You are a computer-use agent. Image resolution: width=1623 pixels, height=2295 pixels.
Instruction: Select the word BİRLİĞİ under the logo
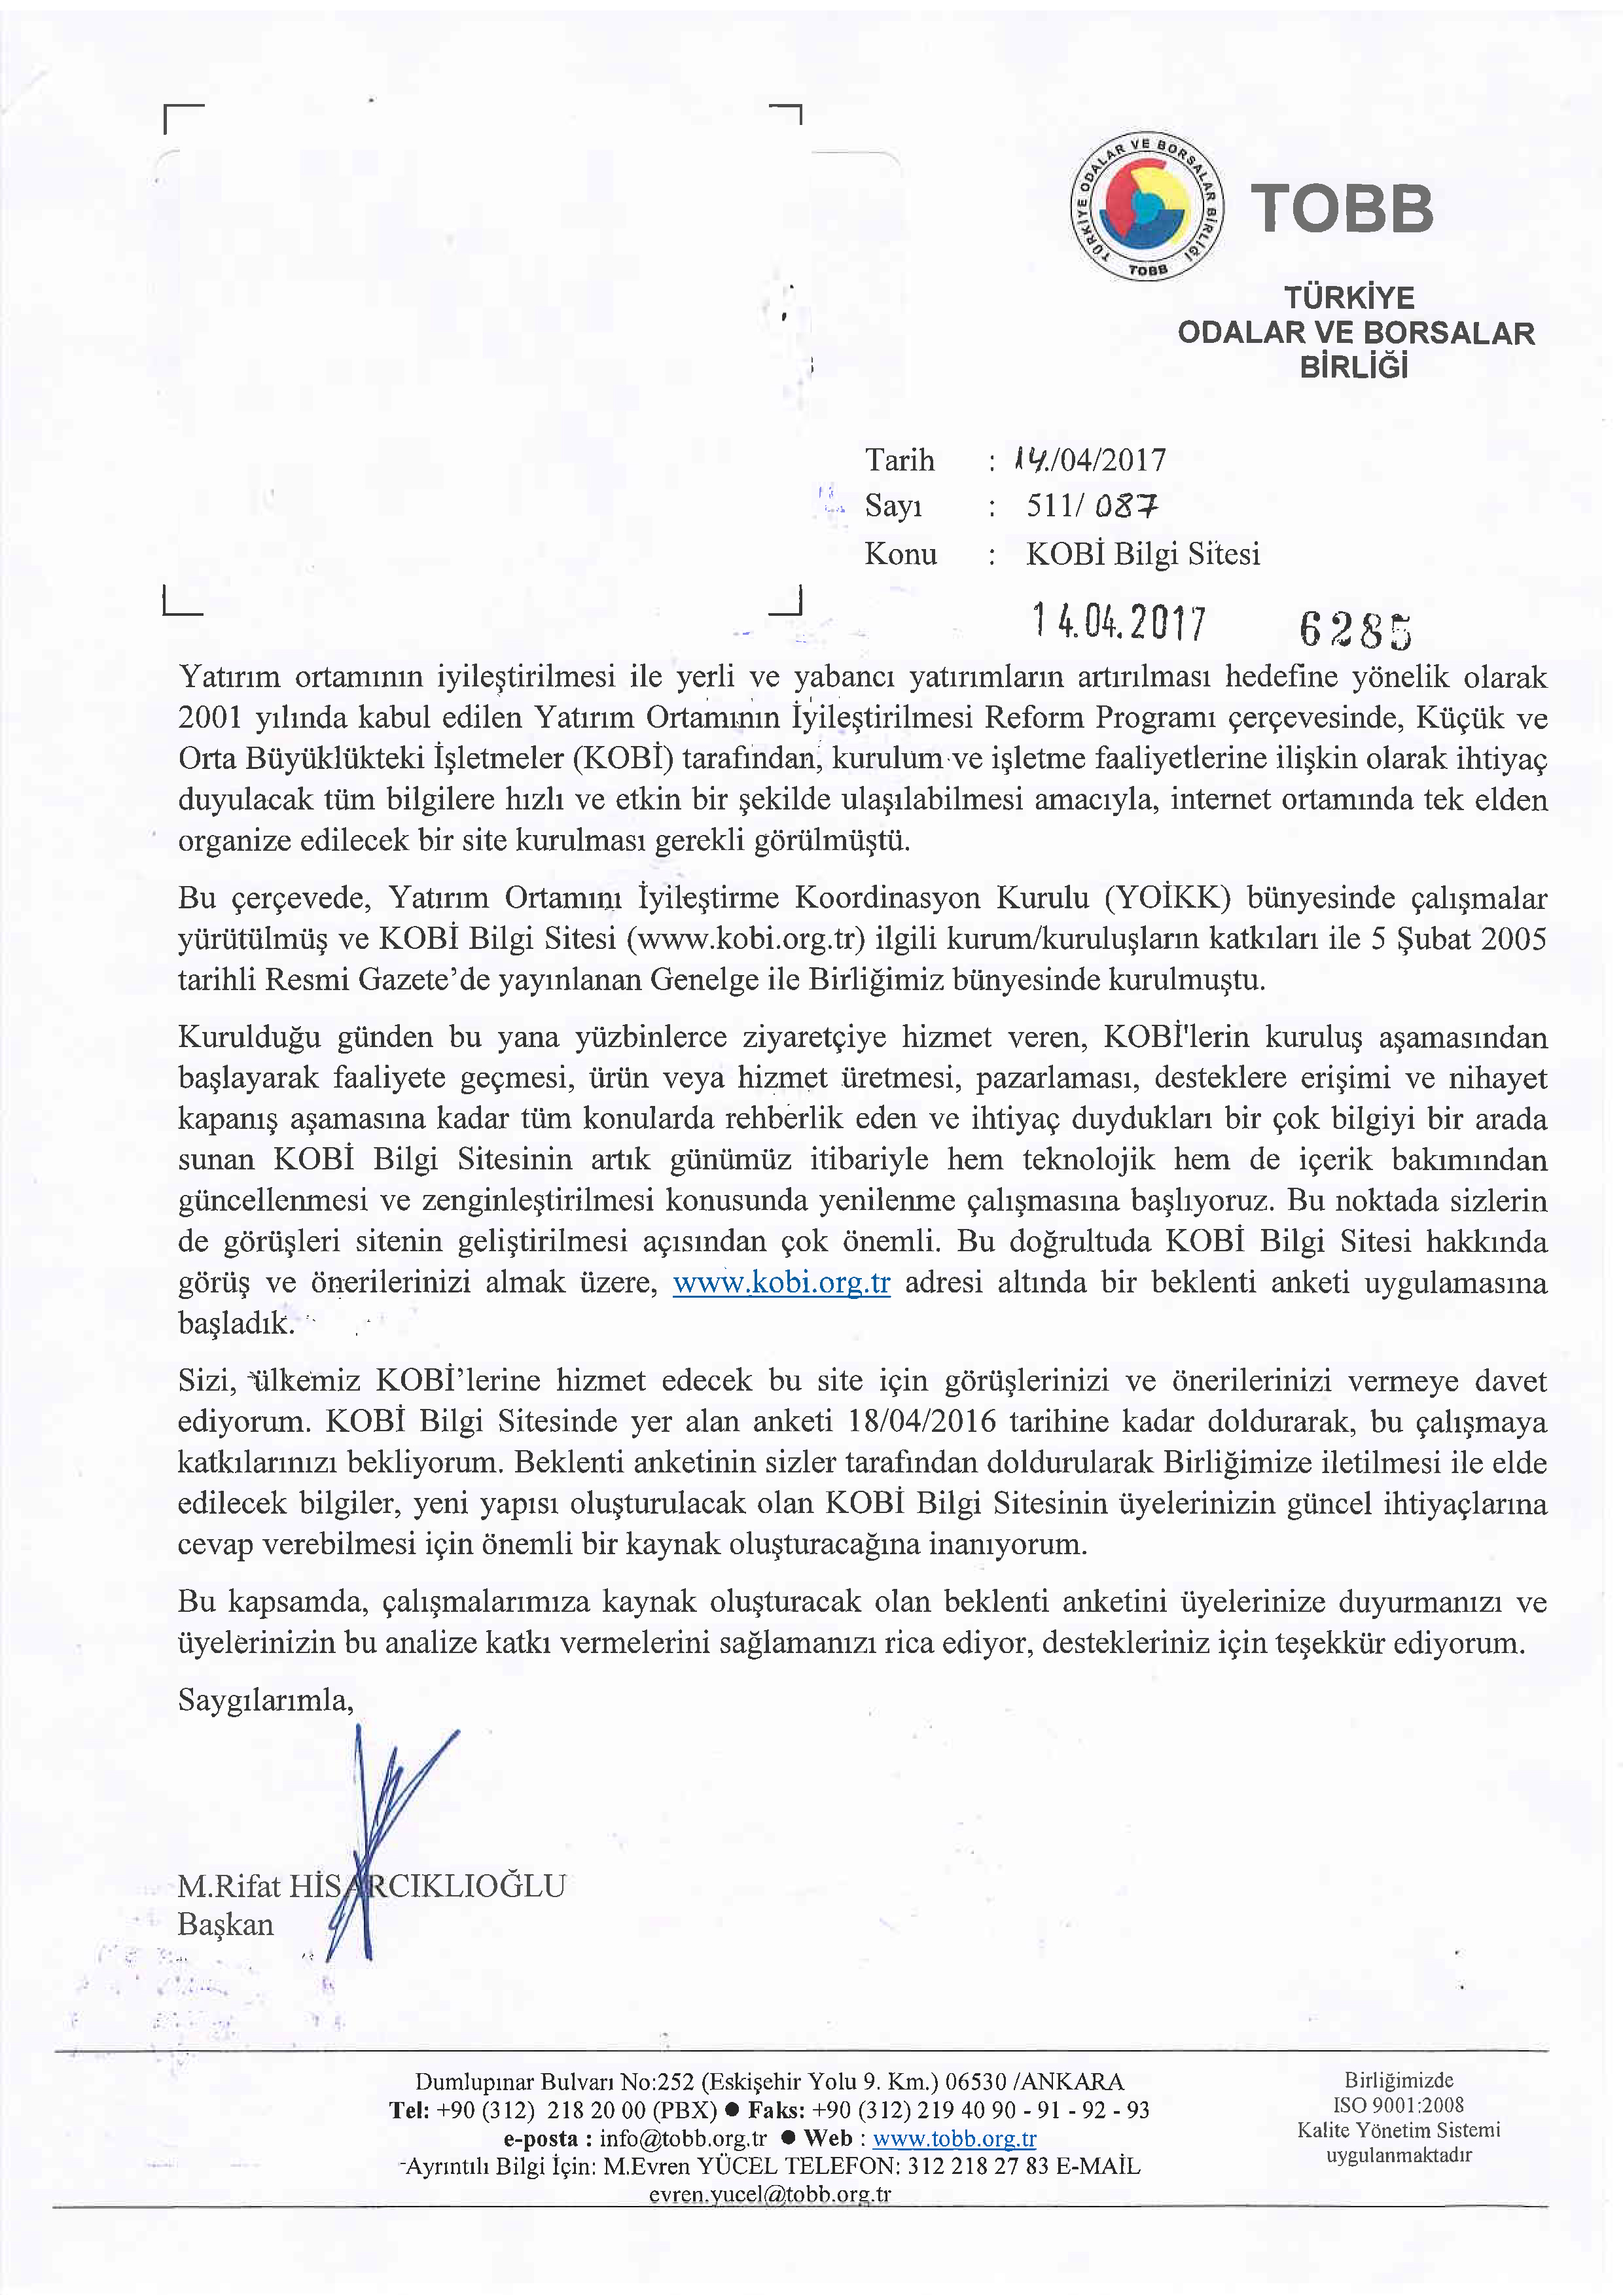1353,367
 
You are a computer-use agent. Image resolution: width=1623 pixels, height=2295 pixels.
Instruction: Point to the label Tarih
899,460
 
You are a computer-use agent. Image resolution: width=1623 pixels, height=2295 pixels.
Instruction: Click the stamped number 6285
1355,630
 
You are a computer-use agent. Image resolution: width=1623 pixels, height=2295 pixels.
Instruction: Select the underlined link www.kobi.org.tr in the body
781,1283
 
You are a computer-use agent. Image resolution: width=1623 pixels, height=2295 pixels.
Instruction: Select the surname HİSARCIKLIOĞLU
427,1886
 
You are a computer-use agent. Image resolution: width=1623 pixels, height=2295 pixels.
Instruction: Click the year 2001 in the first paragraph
209,718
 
